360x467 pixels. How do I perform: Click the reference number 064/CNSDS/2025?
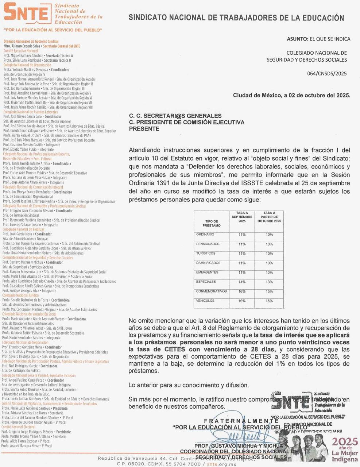[327, 73]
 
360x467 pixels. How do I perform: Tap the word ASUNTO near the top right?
[297, 39]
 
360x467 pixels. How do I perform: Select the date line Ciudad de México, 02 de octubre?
[291, 95]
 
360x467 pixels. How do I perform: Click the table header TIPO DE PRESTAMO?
[212, 223]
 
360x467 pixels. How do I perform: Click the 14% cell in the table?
[242, 282]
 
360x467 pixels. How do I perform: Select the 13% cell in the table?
[269, 282]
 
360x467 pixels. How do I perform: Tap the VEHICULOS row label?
[205, 301]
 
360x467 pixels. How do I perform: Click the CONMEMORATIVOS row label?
[211, 292]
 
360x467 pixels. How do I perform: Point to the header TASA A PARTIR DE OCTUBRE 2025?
[269, 217]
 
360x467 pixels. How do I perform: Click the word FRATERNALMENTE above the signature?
[241, 421]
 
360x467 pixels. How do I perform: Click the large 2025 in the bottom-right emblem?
[345, 441]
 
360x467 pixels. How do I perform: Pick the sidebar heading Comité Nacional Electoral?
[18, 427]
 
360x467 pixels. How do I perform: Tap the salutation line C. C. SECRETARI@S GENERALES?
[175, 116]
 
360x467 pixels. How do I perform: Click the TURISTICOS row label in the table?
[206, 254]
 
